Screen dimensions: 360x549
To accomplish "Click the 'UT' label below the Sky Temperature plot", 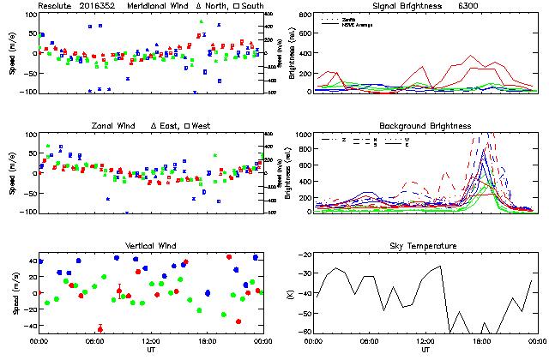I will coord(425,350).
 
